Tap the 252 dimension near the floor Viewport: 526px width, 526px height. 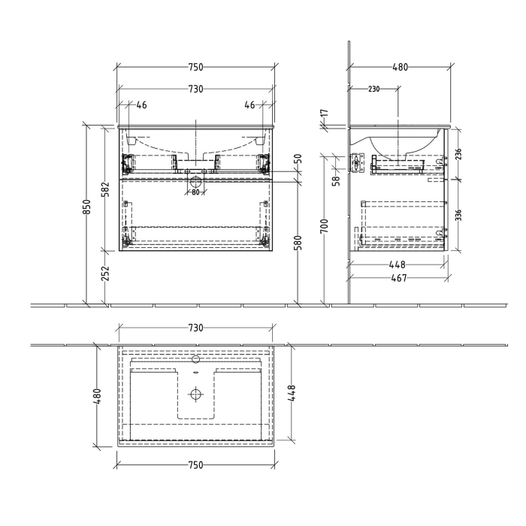106,271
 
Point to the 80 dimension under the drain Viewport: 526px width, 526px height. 195,192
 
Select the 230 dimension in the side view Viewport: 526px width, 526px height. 373,89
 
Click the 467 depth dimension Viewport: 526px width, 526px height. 399,279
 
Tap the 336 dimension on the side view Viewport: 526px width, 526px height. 458,215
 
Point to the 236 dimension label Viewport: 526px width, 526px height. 458,154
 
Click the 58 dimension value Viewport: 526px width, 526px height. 337,180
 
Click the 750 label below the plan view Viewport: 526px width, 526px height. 195,465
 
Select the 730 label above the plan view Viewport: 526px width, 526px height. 195,328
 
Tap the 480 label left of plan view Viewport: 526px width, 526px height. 97,395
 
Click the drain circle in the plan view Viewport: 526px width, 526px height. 196,394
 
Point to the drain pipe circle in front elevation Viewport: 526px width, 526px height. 196,180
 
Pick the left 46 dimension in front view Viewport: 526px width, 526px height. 141,105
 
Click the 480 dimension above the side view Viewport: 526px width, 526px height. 400,68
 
